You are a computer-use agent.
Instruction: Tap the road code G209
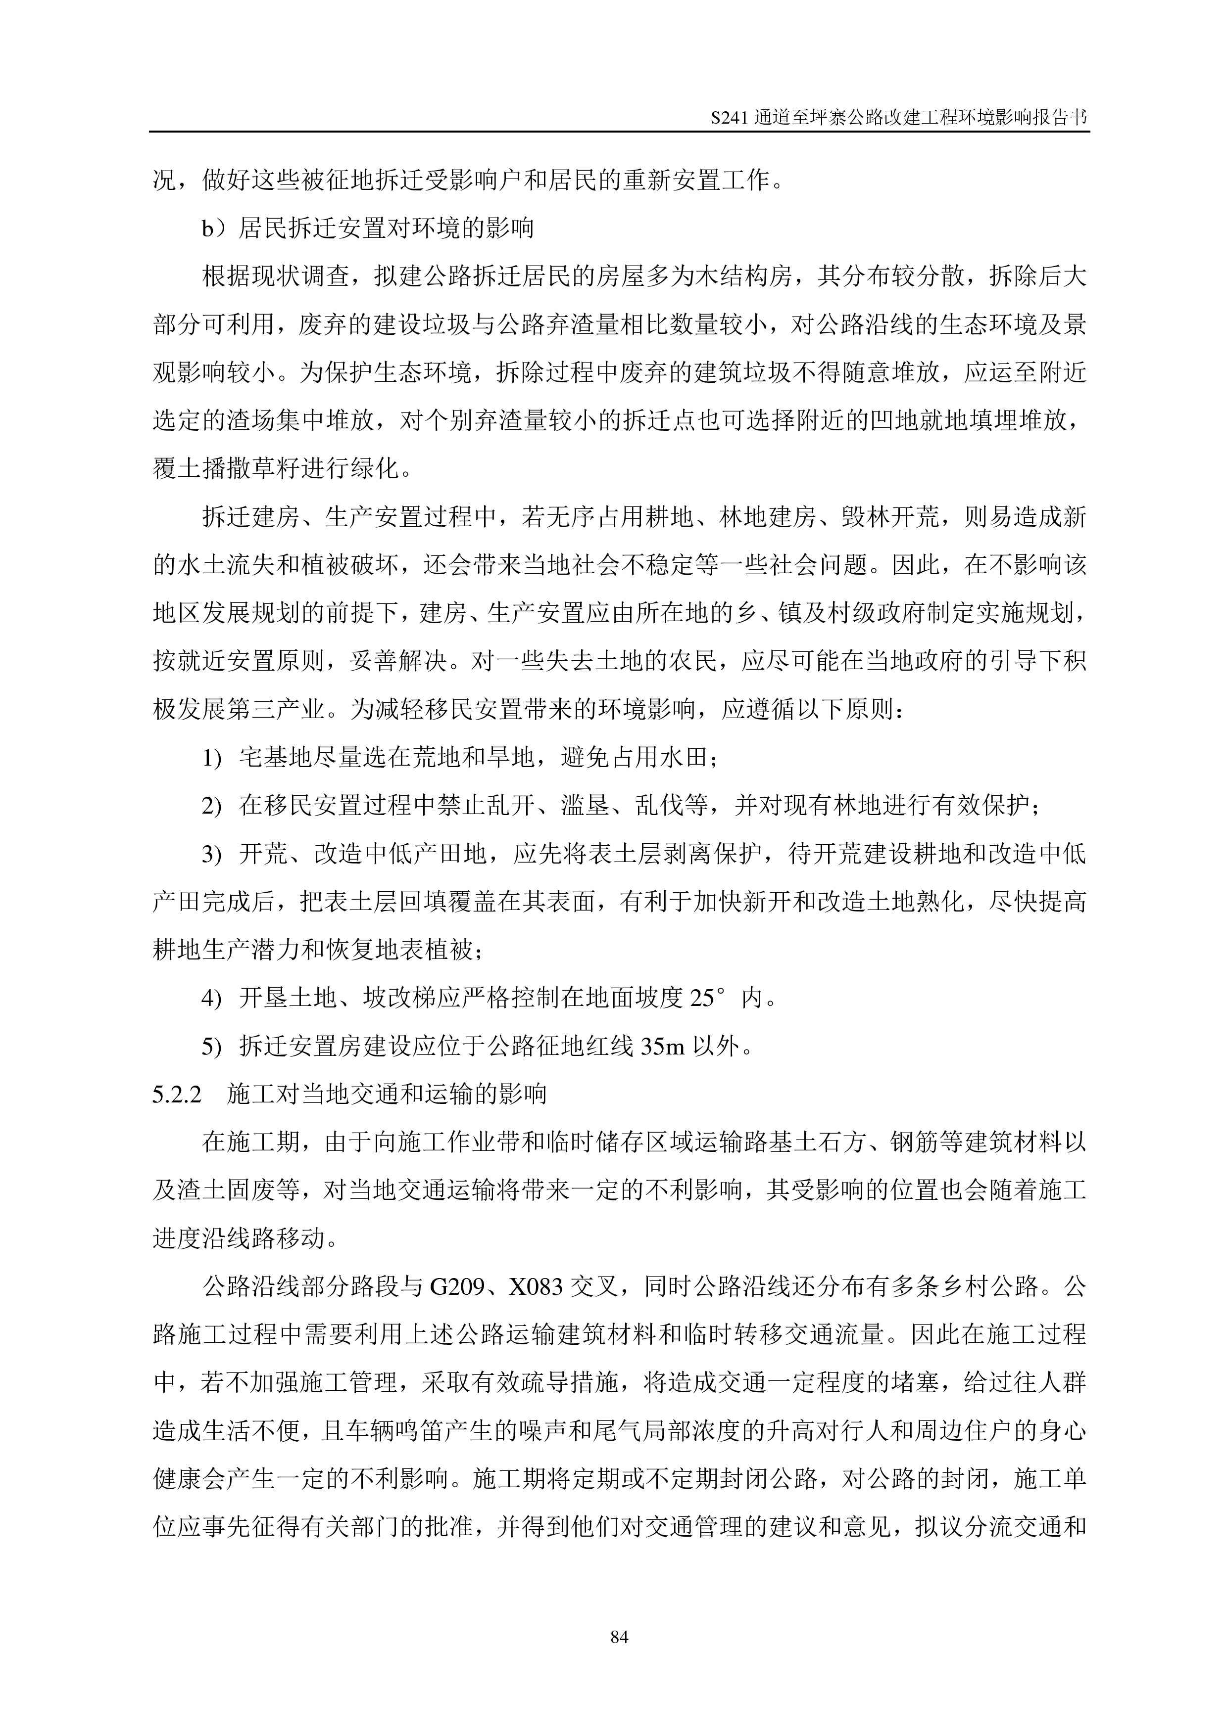[x=457, y=1287]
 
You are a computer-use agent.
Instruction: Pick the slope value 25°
[x=713, y=998]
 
